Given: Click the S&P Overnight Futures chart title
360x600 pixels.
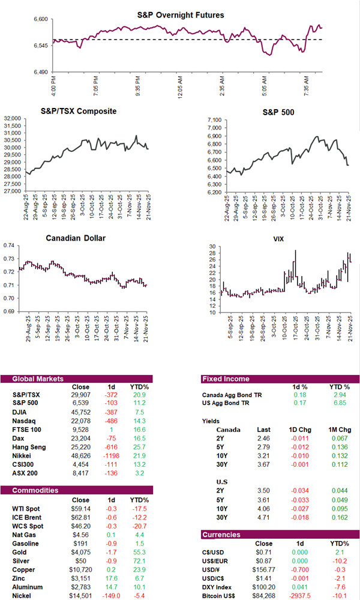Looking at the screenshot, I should (189, 15).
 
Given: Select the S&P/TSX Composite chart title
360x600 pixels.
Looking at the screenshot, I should (78, 112).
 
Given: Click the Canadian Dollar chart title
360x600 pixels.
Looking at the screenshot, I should (76, 238).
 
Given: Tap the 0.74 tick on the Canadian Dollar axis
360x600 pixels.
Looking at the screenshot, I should (10, 245).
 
